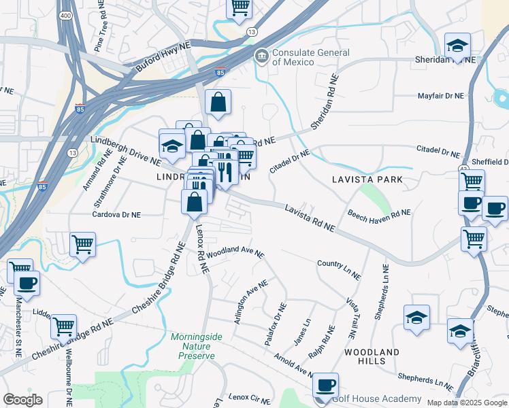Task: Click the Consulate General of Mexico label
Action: click(293, 57)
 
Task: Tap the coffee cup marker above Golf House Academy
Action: click(326, 386)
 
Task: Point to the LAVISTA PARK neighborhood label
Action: click(367, 180)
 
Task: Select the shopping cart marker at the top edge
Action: click(239, 7)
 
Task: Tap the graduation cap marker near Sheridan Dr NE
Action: click(458, 46)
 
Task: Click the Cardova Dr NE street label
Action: click(117, 214)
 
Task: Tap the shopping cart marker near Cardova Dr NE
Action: click(82, 243)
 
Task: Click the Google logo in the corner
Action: click(22, 399)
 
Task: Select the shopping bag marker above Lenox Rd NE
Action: click(195, 202)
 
